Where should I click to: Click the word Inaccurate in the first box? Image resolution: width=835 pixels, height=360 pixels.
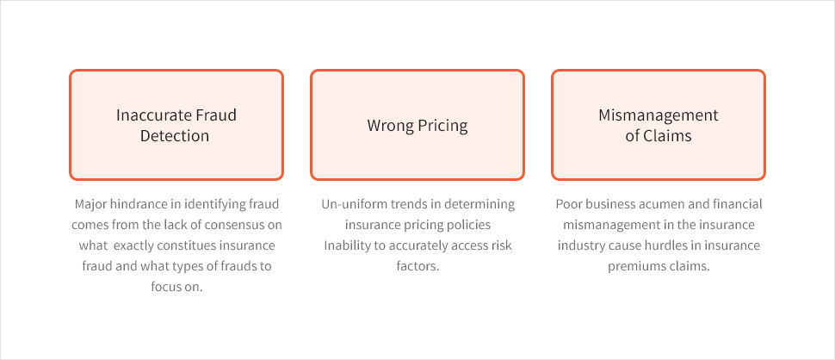coord(147,115)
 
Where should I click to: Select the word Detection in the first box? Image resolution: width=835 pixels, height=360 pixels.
coord(175,135)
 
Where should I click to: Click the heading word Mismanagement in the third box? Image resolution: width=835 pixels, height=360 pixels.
coord(659,115)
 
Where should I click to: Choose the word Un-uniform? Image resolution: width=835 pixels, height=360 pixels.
coord(347,204)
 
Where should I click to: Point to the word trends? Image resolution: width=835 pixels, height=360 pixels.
coord(393,204)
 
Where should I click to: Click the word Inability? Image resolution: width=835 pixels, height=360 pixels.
coord(344,245)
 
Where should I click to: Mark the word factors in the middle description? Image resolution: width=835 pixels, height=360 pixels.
coord(417,266)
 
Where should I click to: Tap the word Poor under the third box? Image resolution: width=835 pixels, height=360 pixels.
coord(567,204)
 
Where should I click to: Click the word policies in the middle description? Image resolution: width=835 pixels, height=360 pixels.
coord(471,225)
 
